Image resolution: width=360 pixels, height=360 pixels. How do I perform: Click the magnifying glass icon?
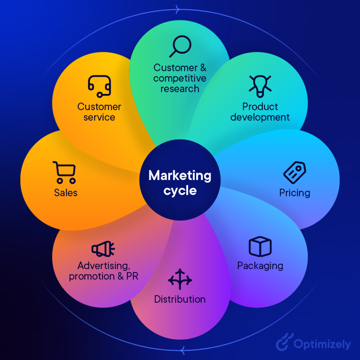(180, 46)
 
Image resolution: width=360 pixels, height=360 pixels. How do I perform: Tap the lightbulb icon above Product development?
(260, 86)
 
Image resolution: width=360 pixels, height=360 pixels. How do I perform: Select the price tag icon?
(295, 172)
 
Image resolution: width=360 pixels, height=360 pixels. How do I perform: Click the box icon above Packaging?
(260, 246)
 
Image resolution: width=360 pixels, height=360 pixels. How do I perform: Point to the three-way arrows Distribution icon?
(180, 279)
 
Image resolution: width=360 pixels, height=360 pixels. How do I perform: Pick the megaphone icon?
(103, 249)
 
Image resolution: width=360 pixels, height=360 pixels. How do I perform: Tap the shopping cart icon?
(64, 172)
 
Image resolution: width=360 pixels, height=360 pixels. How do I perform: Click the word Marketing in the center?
(180, 176)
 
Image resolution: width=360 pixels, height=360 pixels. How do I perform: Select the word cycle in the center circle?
(180, 191)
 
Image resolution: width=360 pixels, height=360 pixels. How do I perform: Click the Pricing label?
(295, 193)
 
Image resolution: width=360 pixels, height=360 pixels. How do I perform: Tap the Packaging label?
(260, 266)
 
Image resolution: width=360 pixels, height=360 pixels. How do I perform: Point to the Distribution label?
(180, 299)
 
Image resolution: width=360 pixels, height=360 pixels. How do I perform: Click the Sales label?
(66, 193)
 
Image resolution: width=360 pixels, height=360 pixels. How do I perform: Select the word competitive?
(180, 78)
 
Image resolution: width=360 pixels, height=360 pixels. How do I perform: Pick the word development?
(260, 117)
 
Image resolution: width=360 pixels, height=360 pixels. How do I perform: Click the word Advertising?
(104, 266)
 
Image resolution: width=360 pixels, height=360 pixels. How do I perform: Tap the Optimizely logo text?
(322, 345)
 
